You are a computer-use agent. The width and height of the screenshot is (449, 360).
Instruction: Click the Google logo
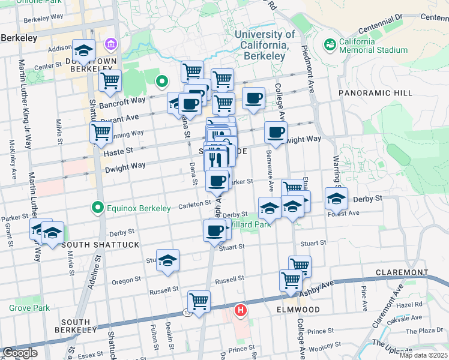(20, 352)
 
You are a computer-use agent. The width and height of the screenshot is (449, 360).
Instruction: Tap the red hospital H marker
(241, 310)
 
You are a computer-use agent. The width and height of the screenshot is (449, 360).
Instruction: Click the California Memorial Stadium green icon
(329, 44)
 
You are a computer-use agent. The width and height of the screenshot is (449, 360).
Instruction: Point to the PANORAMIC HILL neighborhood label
(375, 93)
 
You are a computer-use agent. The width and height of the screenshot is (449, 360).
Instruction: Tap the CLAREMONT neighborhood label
(402, 272)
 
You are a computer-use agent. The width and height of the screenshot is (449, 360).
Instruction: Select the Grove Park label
(25, 308)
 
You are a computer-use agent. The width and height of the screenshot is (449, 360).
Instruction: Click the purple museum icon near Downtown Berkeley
(110, 44)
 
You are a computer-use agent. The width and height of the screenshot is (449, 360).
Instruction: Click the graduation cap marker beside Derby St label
(336, 197)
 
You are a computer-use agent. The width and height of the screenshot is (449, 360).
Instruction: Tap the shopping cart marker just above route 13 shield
(199, 300)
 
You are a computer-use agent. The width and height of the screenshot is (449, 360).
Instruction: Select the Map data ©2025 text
(424, 355)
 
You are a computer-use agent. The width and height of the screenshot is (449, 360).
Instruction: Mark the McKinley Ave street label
(11, 160)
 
